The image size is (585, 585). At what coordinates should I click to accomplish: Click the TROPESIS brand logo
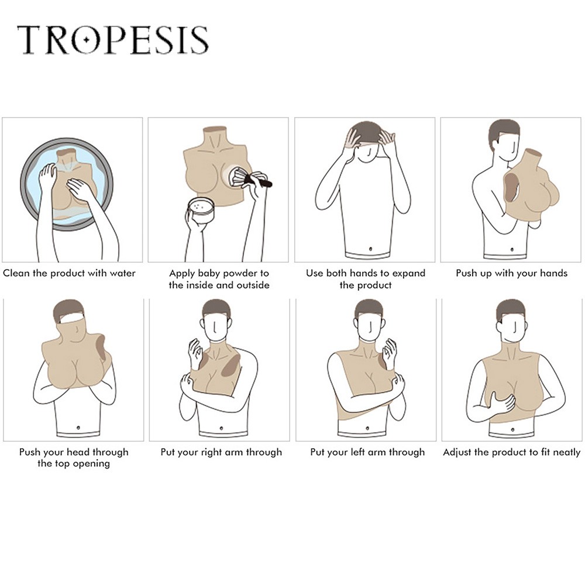pyautogui.click(x=113, y=40)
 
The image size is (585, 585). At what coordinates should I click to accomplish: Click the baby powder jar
pyautogui.click(x=201, y=211)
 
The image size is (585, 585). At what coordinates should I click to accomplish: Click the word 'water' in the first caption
pyautogui.click(x=121, y=273)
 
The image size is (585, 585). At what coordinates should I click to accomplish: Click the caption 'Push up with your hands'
pyautogui.click(x=511, y=273)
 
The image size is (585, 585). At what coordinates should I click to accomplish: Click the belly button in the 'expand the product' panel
pyautogui.click(x=370, y=249)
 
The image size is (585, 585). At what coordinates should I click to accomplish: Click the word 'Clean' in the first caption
pyautogui.click(x=16, y=273)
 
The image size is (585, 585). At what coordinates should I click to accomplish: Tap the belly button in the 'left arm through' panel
pyautogui.click(x=367, y=428)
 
